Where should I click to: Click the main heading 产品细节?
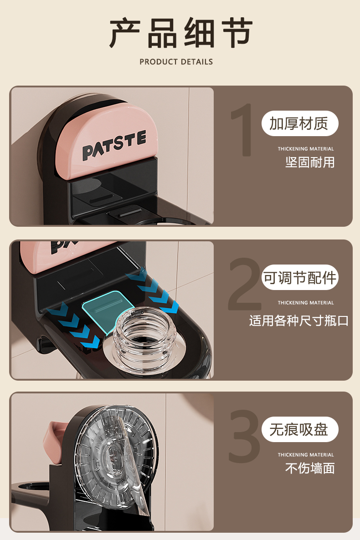click(181, 33)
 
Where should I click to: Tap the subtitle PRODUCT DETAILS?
click(176, 62)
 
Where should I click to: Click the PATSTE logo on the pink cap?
click(114, 145)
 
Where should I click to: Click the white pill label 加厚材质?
click(300, 123)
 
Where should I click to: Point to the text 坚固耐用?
click(310, 162)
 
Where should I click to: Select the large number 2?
click(244, 284)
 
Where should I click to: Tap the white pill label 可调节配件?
click(300, 278)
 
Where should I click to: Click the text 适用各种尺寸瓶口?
click(298, 321)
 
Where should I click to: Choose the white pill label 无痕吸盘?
click(300, 429)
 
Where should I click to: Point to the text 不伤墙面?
click(310, 469)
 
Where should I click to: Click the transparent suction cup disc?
click(114, 458)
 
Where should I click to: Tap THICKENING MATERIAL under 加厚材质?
click(306, 149)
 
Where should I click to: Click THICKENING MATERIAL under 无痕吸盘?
click(306, 454)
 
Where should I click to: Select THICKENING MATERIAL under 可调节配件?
click(306, 303)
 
